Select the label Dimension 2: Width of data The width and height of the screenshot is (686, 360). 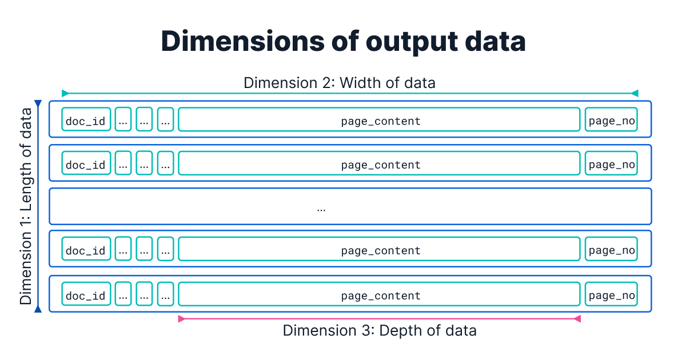tap(340, 83)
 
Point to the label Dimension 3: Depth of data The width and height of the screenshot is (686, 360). tap(380, 330)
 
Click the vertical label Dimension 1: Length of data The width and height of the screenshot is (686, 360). tap(26, 206)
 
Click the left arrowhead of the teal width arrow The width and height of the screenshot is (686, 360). tap(65, 93)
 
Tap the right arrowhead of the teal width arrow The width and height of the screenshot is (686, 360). tap(635, 93)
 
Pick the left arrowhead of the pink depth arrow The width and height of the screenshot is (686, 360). tap(182, 319)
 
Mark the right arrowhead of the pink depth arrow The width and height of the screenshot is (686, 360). tap(577, 319)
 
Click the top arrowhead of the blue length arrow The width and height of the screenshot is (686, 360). tap(38, 104)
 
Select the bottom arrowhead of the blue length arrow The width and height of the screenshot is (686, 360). tap(38, 309)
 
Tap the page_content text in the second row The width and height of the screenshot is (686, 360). tap(381, 165)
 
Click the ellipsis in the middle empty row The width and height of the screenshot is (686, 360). tap(321, 208)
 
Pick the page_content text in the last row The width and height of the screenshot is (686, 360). tap(381, 296)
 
